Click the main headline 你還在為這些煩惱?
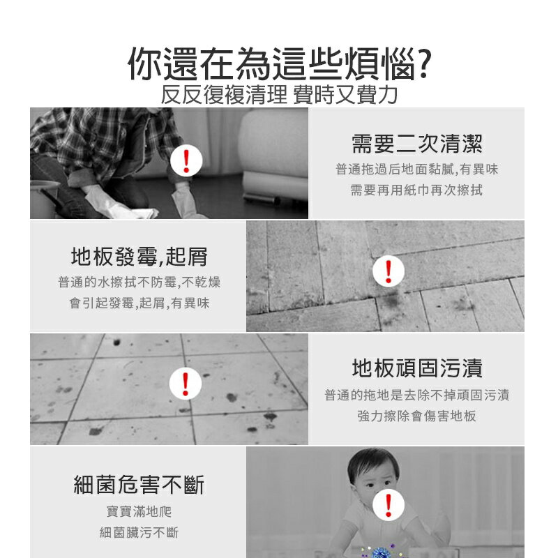point(278,65)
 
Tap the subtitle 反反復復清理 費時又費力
point(279,94)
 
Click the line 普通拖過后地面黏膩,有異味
point(416,169)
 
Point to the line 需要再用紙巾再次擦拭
point(416,190)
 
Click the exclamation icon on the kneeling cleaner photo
point(186,161)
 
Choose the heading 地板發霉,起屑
point(139,257)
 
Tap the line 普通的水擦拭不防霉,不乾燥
point(139,282)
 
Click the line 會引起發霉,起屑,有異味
point(139,303)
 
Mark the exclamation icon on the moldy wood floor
point(389,270)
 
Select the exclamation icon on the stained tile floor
point(186,384)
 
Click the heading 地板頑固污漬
point(416,368)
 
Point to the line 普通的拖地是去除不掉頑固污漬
point(416,395)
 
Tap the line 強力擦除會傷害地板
point(416,416)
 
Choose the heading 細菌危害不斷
point(139,484)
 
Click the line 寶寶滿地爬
point(139,511)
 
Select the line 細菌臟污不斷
point(139,533)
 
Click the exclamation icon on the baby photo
point(389,503)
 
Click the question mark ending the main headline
point(421,65)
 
